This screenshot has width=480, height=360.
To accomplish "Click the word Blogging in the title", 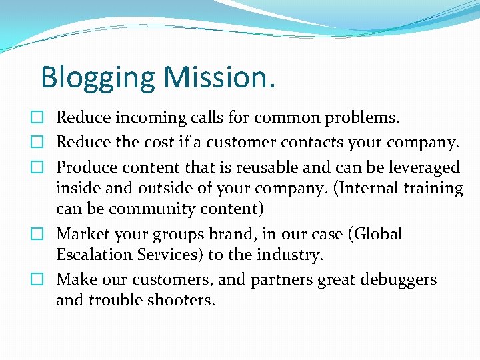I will [97, 78].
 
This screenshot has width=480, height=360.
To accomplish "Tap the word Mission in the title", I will [215, 77].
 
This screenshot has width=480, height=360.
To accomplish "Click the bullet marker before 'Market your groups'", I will [43, 235].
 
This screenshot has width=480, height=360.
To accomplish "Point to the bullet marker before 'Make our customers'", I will [43, 280].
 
